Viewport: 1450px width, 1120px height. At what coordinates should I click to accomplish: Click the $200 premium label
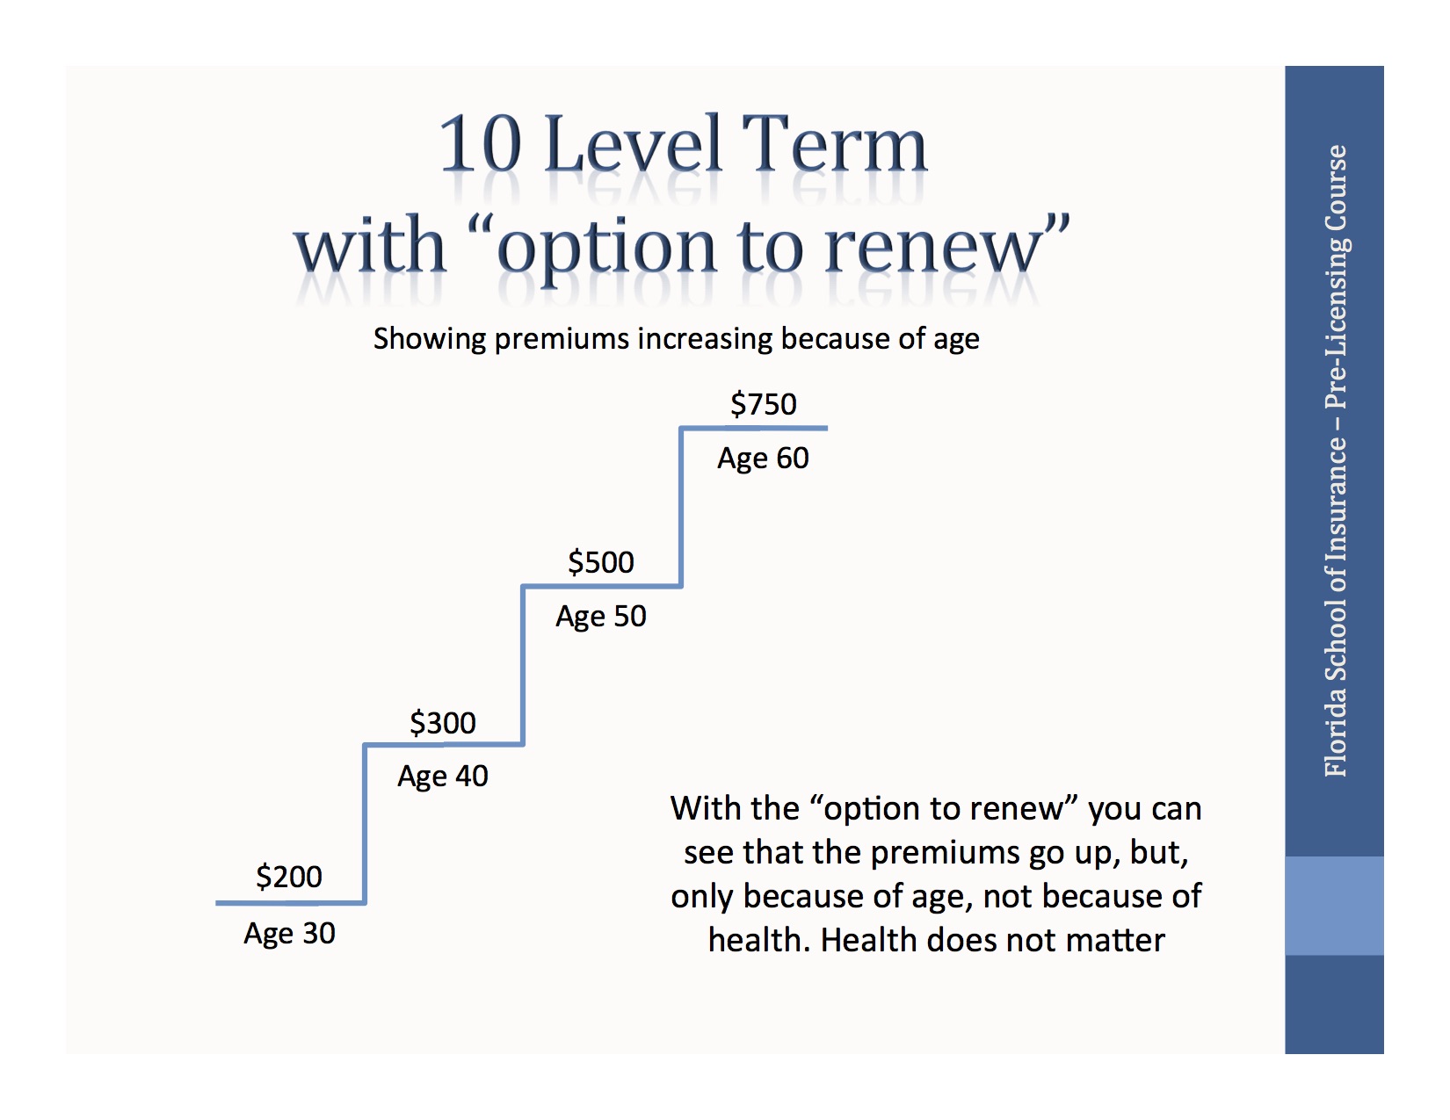point(289,877)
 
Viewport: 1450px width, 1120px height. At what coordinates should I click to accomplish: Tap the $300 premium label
point(443,723)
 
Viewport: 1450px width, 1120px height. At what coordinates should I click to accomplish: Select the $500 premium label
point(601,562)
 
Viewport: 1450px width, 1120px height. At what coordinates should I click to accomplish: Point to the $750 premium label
point(764,404)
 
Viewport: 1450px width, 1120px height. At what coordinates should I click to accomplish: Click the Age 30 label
point(289,933)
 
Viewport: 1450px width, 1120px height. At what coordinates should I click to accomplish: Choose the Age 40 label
point(443,777)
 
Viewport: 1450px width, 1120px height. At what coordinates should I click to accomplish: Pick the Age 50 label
point(601,617)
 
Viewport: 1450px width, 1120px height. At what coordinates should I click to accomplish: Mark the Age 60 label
point(763,459)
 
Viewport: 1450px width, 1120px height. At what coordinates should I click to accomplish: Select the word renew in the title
point(933,248)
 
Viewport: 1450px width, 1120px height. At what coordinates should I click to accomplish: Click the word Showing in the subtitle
point(429,339)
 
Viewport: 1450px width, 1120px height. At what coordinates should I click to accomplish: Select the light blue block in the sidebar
point(1334,906)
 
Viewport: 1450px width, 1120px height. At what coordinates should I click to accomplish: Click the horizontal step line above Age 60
point(754,429)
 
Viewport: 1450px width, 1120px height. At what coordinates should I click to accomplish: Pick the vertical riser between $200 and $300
point(365,824)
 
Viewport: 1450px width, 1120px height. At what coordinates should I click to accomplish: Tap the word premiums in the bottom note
point(933,852)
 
